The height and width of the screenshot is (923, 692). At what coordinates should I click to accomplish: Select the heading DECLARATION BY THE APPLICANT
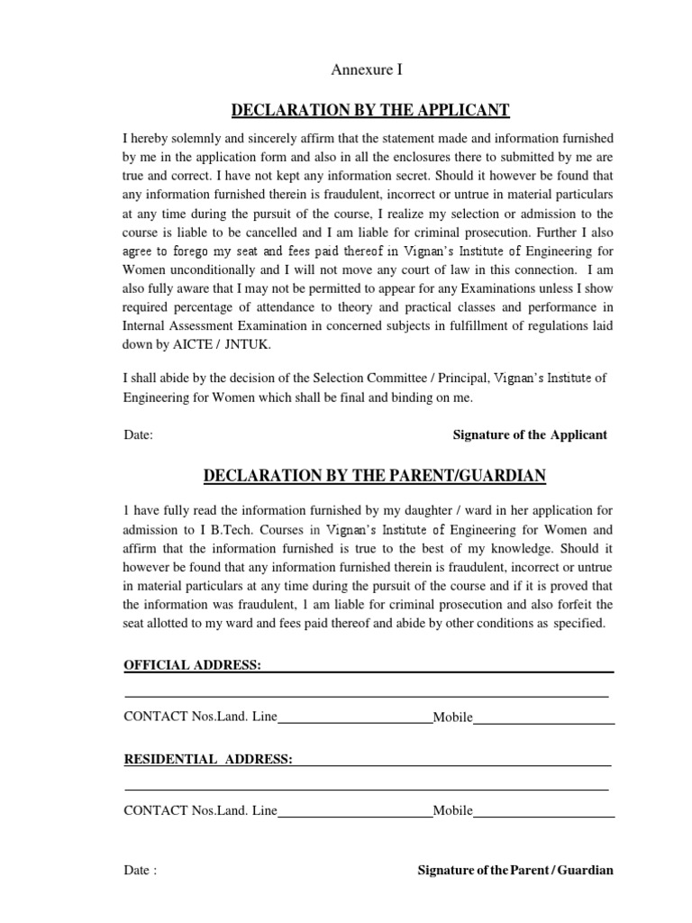(x=370, y=111)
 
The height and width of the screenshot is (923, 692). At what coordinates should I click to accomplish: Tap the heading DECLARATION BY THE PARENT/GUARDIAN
(x=374, y=475)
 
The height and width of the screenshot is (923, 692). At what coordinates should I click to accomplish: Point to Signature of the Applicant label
(x=530, y=434)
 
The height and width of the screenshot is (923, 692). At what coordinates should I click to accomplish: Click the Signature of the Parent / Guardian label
(x=515, y=871)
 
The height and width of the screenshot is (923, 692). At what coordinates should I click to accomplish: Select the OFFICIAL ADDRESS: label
(x=192, y=665)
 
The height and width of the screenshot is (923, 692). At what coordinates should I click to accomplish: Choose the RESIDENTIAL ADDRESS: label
(x=207, y=760)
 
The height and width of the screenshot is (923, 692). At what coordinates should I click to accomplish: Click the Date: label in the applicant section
(x=139, y=434)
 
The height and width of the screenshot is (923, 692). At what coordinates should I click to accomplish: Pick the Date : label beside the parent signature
(x=140, y=871)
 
